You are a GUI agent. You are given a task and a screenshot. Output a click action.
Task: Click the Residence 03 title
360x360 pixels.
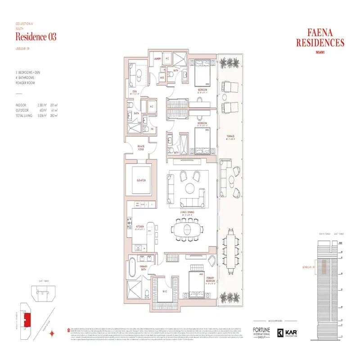[x=36, y=37]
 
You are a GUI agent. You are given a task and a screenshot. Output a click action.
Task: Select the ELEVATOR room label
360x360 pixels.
[x=141, y=180]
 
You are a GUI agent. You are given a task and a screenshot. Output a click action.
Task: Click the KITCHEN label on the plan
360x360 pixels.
[x=140, y=226]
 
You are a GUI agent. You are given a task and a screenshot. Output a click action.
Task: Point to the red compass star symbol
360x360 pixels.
[x=53, y=333]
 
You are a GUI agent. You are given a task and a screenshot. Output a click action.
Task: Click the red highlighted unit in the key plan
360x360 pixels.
[x=27, y=320]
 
